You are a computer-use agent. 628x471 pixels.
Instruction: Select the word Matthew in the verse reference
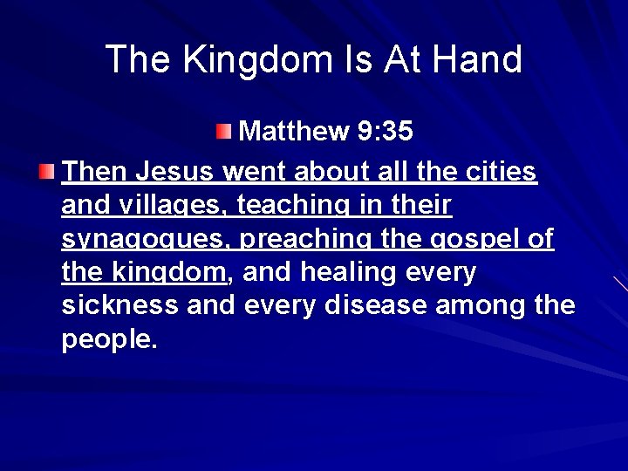click(x=293, y=131)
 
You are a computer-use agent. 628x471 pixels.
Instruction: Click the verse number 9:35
click(x=385, y=131)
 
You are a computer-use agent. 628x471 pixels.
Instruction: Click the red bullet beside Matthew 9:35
click(x=225, y=132)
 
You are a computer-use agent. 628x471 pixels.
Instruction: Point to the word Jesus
click(x=177, y=172)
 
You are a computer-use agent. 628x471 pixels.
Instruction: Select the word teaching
click(x=291, y=206)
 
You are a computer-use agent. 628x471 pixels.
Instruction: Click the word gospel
click(x=464, y=240)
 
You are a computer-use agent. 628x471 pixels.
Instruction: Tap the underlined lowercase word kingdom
click(x=170, y=273)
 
